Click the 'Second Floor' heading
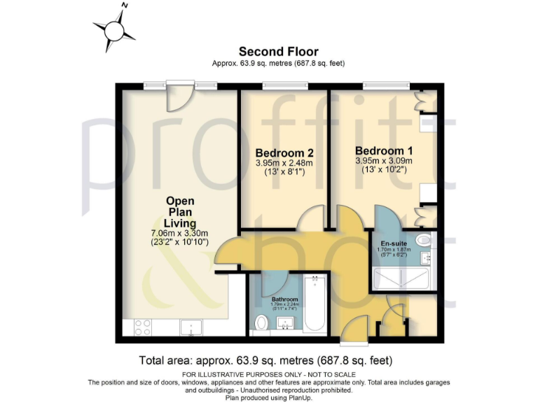coord(278,51)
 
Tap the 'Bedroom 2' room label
coord(284,153)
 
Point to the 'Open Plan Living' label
coord(180,212)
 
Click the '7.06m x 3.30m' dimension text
coord(180,233)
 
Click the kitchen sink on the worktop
coord(191,327)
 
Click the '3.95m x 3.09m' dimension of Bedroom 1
coord(383,161)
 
